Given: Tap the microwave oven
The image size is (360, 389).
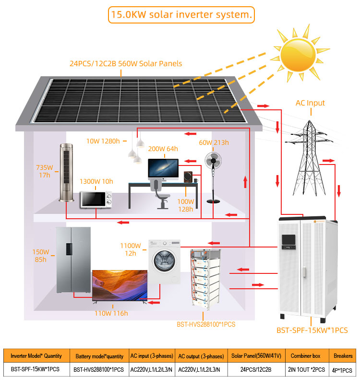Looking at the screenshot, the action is click(96, 200).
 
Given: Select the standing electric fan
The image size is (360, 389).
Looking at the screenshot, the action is click(213, 177).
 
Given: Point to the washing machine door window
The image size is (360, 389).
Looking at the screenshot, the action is click(163, 261).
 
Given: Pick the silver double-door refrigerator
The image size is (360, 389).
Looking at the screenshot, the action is click(73, 260).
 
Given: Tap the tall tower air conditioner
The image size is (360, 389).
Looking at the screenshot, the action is click(67, 172).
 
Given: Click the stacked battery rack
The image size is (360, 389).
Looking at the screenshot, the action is click(205, 279).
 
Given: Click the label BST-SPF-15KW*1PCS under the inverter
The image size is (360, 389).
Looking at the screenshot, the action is click(312, 330).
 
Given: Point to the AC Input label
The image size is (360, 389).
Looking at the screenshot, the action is click(310, 103).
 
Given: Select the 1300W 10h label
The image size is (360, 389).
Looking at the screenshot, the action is click(96, 181).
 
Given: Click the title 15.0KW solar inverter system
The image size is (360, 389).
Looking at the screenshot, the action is click(181, 15).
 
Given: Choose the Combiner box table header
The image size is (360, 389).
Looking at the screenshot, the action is click(306, 356).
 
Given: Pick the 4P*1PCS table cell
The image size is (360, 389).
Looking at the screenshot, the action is click(342, 370).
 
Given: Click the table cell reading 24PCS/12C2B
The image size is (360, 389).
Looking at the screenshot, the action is click(256, 370).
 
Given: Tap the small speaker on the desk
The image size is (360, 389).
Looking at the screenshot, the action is click(188, 177).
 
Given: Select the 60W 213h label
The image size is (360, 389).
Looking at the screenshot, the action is click(214, 142).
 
